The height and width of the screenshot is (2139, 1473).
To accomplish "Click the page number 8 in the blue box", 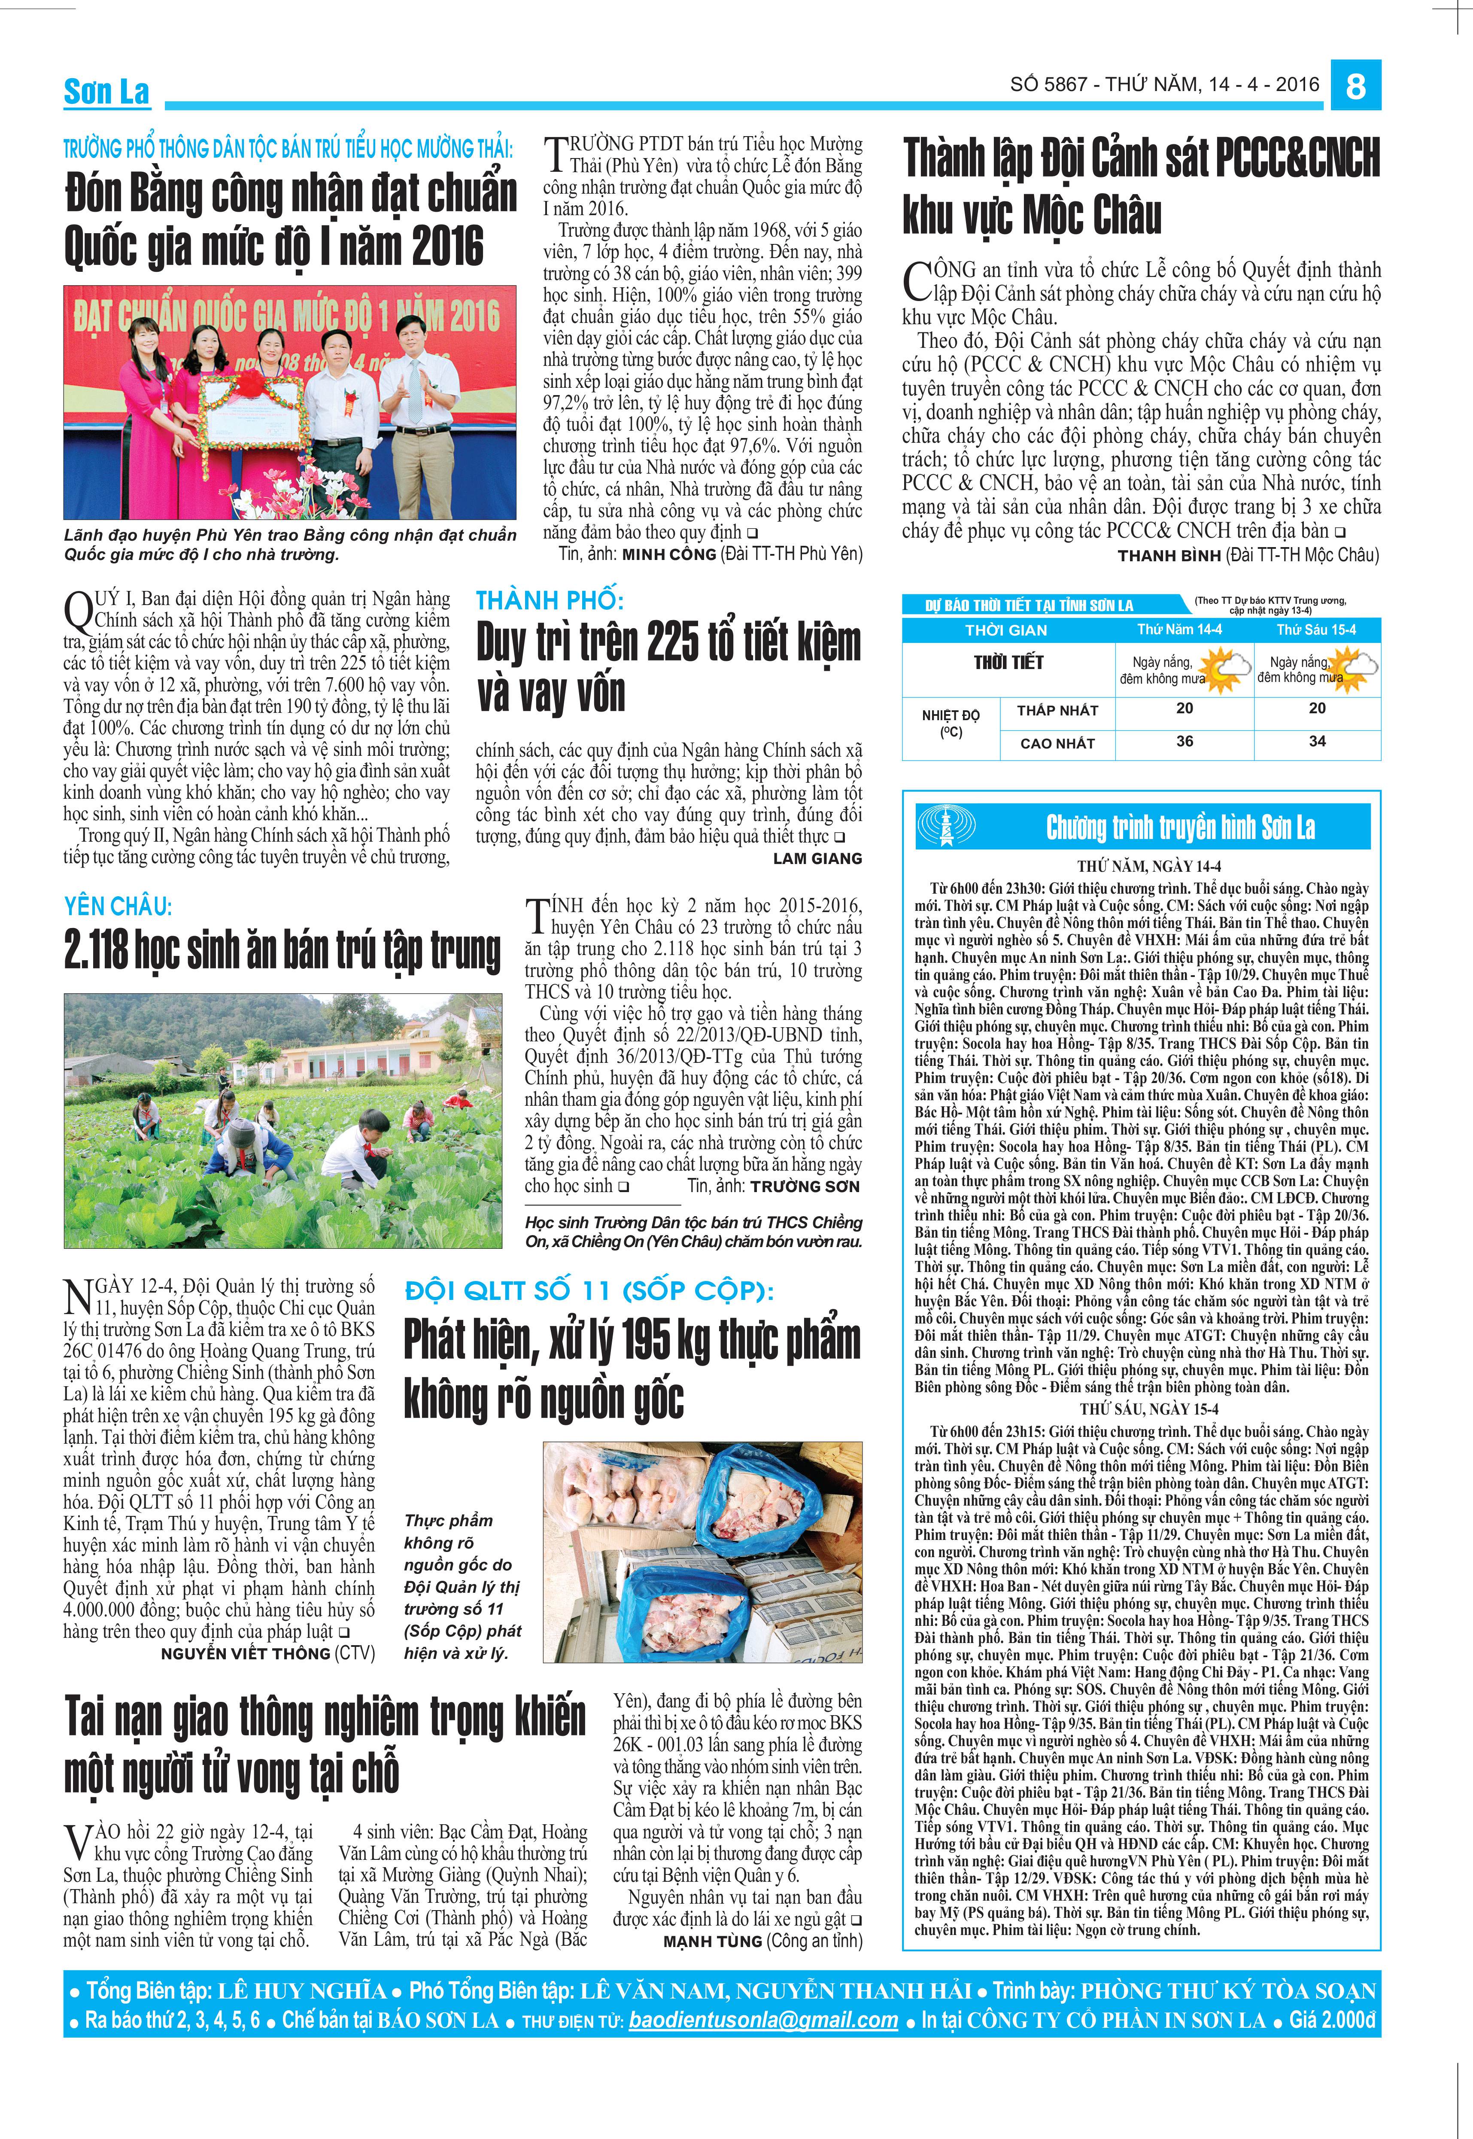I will [x=1355, y=86].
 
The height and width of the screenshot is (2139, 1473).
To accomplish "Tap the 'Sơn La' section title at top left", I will [x=106, y=91].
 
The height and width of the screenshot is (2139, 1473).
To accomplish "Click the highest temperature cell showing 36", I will [x=1184, y=740].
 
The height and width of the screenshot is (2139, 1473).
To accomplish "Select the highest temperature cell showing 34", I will [x=1317, y=740].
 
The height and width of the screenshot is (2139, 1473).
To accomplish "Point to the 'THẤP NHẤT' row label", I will [x=1058, y=710].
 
